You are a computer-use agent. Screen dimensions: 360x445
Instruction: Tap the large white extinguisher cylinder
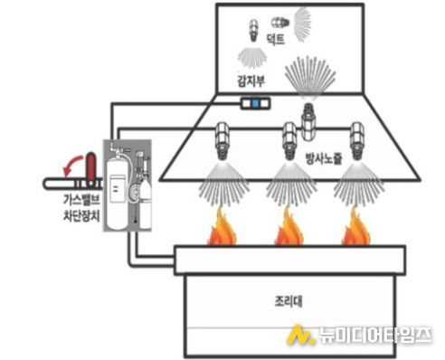click(118, 185)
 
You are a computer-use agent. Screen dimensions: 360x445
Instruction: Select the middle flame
click(288, 228)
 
